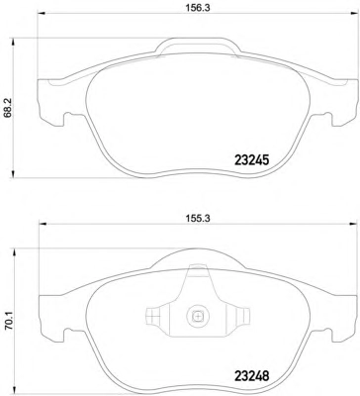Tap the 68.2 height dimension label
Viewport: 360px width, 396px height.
[x=8, y=108]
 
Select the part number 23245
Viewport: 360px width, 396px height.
[x=251, y=160]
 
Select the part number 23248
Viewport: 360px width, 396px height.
[x=251, y=375]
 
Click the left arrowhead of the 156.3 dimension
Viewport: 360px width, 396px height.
[x=42, y=14]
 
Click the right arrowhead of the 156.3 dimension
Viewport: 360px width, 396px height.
[x=353, y=14]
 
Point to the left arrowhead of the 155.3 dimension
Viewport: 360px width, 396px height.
[x=42, y=224]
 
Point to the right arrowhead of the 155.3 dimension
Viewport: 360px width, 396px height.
[x=353, y=224]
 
